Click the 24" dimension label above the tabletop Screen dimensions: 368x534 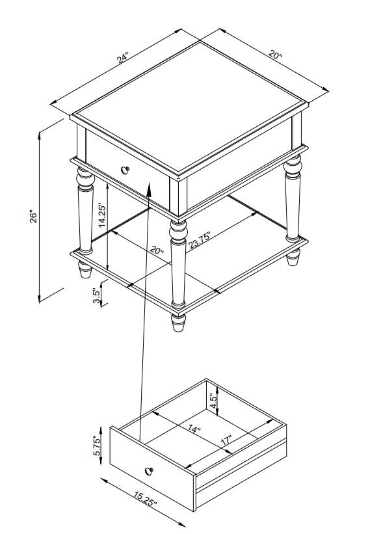122,58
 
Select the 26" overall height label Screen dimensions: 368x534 33,217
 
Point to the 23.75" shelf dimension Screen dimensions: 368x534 200,240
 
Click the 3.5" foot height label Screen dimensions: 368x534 97,297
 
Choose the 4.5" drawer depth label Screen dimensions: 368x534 214,401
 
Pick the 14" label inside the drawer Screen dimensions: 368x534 194,429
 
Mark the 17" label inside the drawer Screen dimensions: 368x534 226,440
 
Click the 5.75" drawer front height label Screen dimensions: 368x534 98,446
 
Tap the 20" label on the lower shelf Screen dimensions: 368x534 157,250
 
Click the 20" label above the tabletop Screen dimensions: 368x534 275,54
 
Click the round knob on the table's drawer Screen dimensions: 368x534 125,170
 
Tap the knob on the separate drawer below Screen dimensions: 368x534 149,471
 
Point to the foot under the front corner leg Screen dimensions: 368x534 178,323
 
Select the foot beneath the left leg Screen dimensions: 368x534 85,269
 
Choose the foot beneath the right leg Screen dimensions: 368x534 293,257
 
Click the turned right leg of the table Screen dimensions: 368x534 293,198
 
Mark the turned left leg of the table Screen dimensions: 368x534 85,211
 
